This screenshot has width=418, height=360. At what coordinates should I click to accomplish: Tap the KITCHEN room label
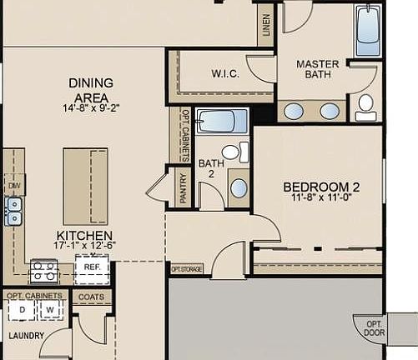click(x=84, y=236)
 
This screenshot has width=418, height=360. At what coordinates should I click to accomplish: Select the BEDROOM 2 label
click(x=320, y=187)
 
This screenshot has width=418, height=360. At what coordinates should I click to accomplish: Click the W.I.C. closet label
click(x=225, y=74)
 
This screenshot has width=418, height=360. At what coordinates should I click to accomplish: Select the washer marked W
click(x=49, y=310)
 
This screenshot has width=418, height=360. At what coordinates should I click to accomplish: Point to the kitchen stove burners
click(x=43, y=270)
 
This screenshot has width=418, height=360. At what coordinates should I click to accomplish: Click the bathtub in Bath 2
click(x=223, y=122)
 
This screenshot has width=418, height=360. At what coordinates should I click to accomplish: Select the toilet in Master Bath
click(x=365, y=105)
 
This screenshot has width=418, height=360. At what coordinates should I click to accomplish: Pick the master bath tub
click(x=368, y=32)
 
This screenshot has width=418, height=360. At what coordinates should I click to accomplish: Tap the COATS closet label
click(x=91, y=296)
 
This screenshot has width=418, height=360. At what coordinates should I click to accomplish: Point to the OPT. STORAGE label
click(x=187, y=269)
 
